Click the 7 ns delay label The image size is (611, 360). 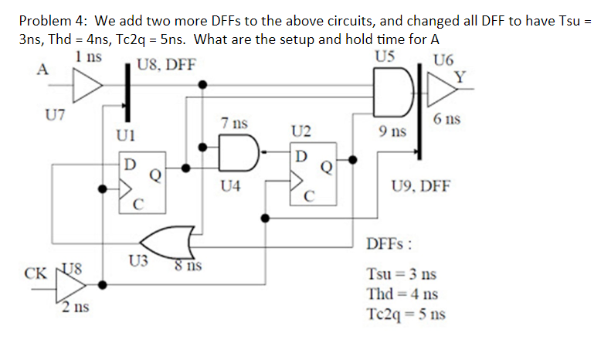[x=233, y=123]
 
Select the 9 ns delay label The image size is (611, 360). [x=393, y=132]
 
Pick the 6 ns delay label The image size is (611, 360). [x=447, y=120]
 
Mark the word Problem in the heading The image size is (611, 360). [x=43, y=21]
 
